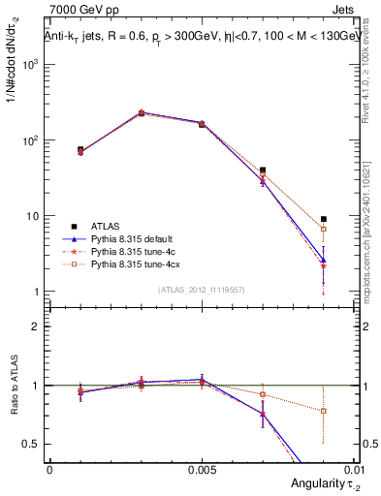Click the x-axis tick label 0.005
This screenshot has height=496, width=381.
click(x=202, y=469)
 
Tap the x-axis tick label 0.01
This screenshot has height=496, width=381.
click(x=358, y=469)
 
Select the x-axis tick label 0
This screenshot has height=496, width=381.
click(x=49, y=469)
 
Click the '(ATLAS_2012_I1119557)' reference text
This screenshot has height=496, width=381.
click(x=202, y=290)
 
